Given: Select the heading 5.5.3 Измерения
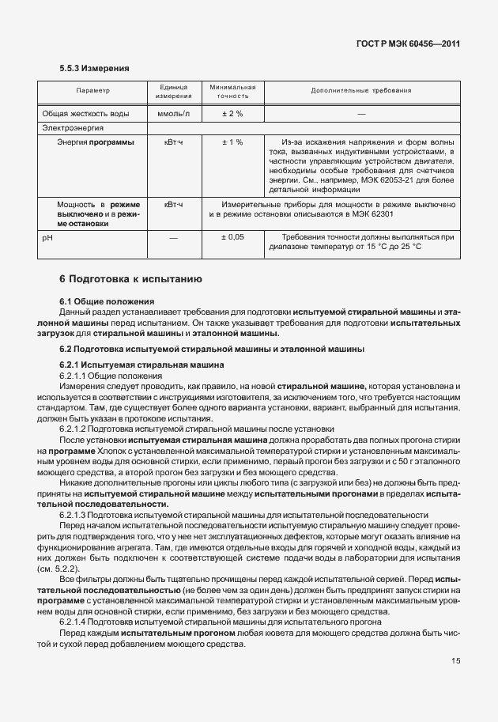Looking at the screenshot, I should [94, 69].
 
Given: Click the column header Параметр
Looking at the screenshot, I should [92, 91].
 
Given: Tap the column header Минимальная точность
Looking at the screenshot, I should [232, 91].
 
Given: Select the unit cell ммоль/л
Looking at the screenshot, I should [173, 113].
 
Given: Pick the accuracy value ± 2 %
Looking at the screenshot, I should [232, 113].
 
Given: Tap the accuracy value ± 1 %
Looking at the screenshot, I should [232, 142].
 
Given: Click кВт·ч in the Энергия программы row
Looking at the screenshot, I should [173, 142].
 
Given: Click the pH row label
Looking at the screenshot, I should [47, 236].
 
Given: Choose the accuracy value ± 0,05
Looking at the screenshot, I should [232, 236].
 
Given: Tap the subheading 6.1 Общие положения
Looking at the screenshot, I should [107, 302].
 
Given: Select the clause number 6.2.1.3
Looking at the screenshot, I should [77, 515].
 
